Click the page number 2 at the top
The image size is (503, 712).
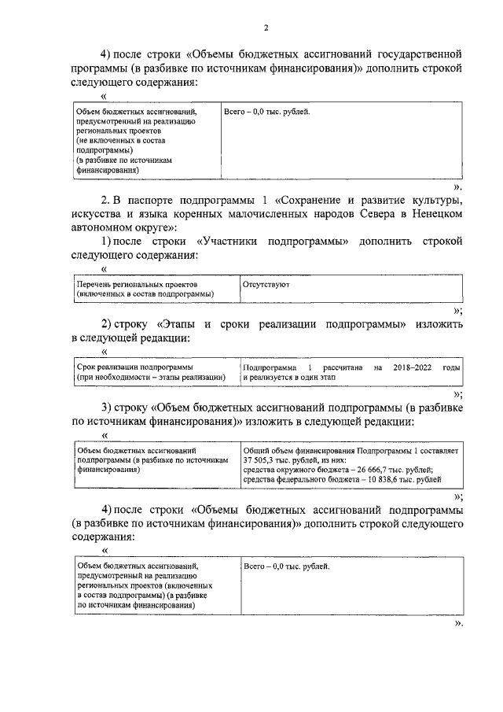point(266,28)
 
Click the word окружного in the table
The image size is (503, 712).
point(297,470)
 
